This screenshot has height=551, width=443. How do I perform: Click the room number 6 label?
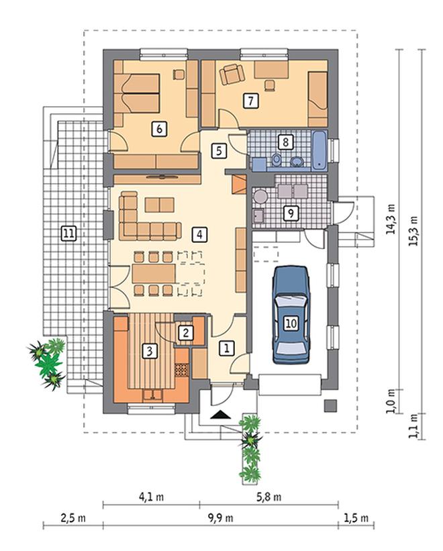tap(159, 129)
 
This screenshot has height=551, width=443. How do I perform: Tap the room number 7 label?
tap(250, 101)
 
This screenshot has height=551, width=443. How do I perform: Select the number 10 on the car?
tap(291, 323)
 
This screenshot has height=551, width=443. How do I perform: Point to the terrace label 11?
tap(68, 234)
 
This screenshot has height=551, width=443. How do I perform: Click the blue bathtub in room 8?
tap(319, 150)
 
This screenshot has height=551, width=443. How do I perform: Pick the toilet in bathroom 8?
tap(277, 160)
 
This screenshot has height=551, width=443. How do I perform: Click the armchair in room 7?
tap(232, 74)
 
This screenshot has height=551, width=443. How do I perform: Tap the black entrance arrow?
tap(221, 415)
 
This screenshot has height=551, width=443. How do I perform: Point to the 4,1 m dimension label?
tap(152, 497)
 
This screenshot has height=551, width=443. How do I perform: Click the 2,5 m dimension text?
tap(73, 518)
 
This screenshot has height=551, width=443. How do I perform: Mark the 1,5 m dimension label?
tap(356, 518)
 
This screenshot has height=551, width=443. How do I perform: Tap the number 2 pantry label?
tap(185, 332)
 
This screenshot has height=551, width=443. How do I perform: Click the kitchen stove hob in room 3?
tap(182, 370)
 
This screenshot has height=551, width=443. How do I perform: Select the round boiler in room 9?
tap(260, 196)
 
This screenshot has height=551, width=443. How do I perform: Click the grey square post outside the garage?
tap(330, 405)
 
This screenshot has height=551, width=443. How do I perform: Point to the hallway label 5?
tap(219, 151)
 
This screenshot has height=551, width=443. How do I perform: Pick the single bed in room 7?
tap(318, 99)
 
